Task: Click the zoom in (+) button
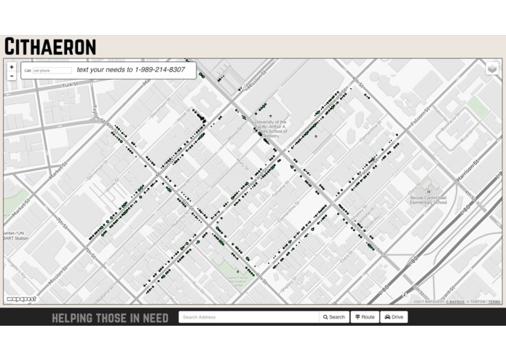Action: tap(12, 67)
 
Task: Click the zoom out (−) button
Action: tap(12, 76)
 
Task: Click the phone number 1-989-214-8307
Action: tap(159, 70)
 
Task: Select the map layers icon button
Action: tap(492, 69)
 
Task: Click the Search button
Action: tap(334, 317)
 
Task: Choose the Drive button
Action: tap(394, 317)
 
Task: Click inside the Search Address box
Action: tap(248, 317)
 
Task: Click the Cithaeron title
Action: tap(50, 47)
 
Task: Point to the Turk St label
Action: tap(70, 85)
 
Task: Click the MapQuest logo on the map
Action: tap(21, 299)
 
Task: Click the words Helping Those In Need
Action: tap(110, 318)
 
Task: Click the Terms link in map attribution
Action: tap(494, 302)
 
